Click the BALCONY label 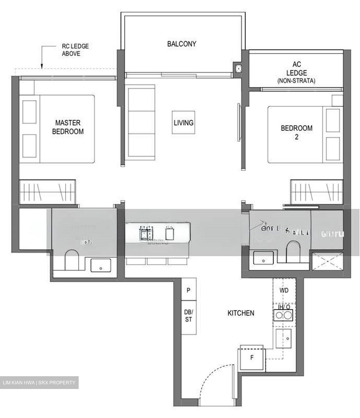181,44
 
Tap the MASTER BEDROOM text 68,127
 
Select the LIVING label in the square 183,122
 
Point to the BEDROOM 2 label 296,132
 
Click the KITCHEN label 241,313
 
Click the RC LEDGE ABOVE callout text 71,50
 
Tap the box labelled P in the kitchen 189,290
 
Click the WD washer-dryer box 284,290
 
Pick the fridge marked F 252,358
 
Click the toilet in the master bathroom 72,260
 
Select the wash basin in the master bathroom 100,265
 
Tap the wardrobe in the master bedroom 48,192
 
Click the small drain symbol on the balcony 238,69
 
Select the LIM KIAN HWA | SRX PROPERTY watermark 39,383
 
